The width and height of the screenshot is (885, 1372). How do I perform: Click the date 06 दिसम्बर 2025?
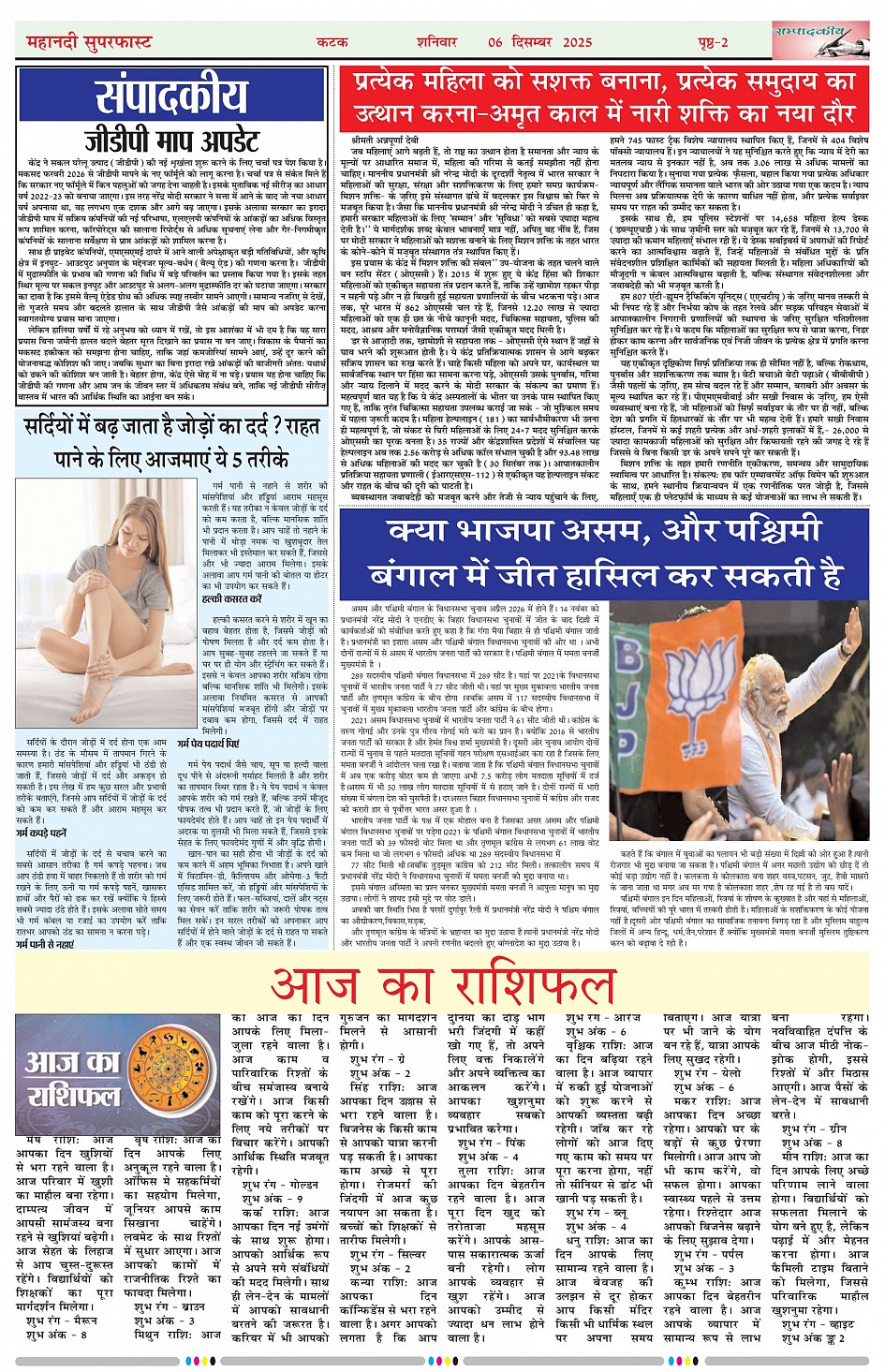pyautogui.click(x=540, y=42)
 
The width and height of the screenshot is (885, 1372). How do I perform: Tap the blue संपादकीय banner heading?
pyautogui.click(x=171, y=96)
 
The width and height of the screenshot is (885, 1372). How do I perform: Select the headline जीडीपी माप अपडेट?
pyautogui.click(x=171, y=140)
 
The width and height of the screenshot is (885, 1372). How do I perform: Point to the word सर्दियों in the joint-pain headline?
pyautogui.click(x=60, y=429)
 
